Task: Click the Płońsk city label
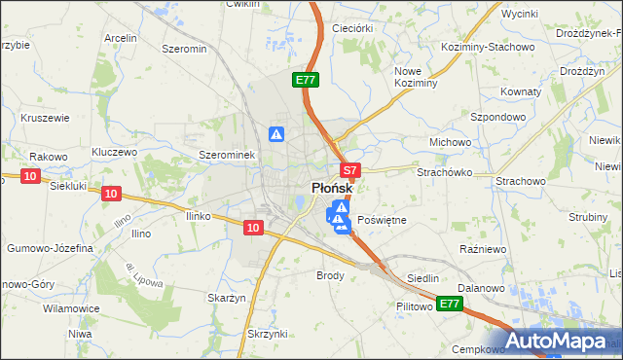coord(331,189)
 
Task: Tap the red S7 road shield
coord(351,169)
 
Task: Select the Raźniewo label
coord(479,249)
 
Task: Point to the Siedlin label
coord(422,278)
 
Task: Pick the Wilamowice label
coord(71,308)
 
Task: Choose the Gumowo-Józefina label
coord(50,249)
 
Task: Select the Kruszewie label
coord(44,118)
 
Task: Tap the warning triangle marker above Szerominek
coord(276,134)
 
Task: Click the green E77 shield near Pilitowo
coord(448,305)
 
